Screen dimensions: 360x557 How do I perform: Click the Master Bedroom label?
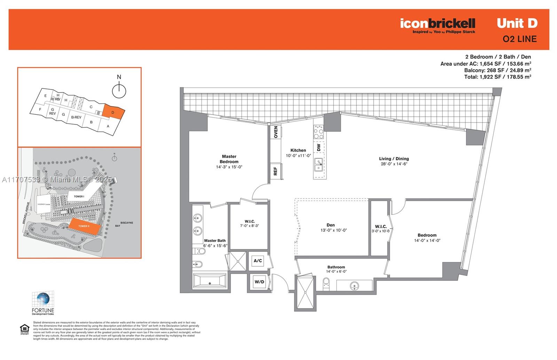click(x=229, y=159)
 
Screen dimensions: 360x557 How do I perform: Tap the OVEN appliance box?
click(x=276, y=132)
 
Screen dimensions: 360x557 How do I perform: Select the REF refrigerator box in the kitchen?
click(x=275, y=171)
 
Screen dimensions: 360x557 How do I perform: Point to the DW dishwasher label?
click(x=319, y=147)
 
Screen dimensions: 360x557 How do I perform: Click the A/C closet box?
click(x=258, y=261)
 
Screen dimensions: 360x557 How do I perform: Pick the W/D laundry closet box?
click(x=259, y=282)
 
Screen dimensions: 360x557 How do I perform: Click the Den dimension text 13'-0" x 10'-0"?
click(x=334, y=230)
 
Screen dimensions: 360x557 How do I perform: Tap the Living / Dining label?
click(x=394, y=159)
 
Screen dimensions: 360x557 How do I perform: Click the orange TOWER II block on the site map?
click(x=84, y=226)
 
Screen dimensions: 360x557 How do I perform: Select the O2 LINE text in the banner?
click(x=519, y=39)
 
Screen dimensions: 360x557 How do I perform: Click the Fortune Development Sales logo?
click(x=43, y=303)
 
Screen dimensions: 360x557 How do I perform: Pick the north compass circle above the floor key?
click(x=119, y=91)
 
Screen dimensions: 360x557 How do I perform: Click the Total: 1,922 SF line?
click(x=497, y=77)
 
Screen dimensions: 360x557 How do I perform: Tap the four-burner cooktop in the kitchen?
click(x=319, y=132)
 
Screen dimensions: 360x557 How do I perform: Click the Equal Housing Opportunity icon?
click(x=24, y=329)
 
